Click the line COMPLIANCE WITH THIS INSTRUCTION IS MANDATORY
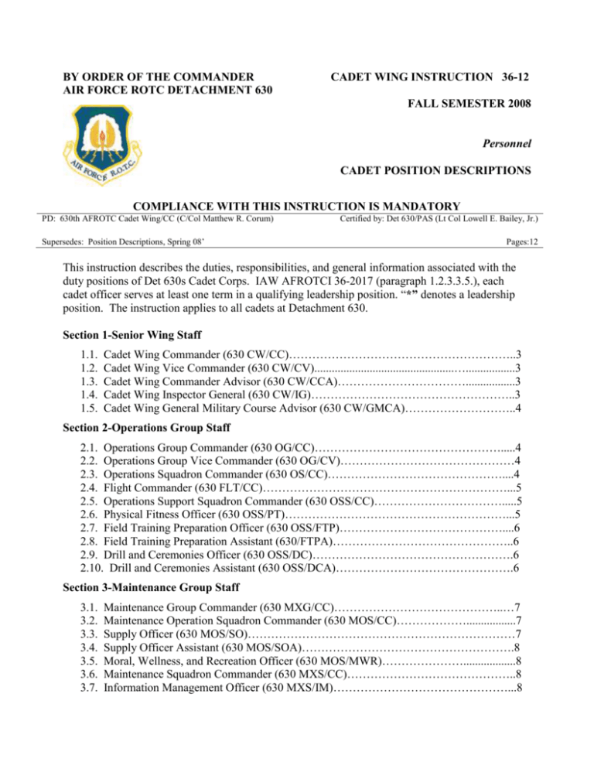point(297,207)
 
